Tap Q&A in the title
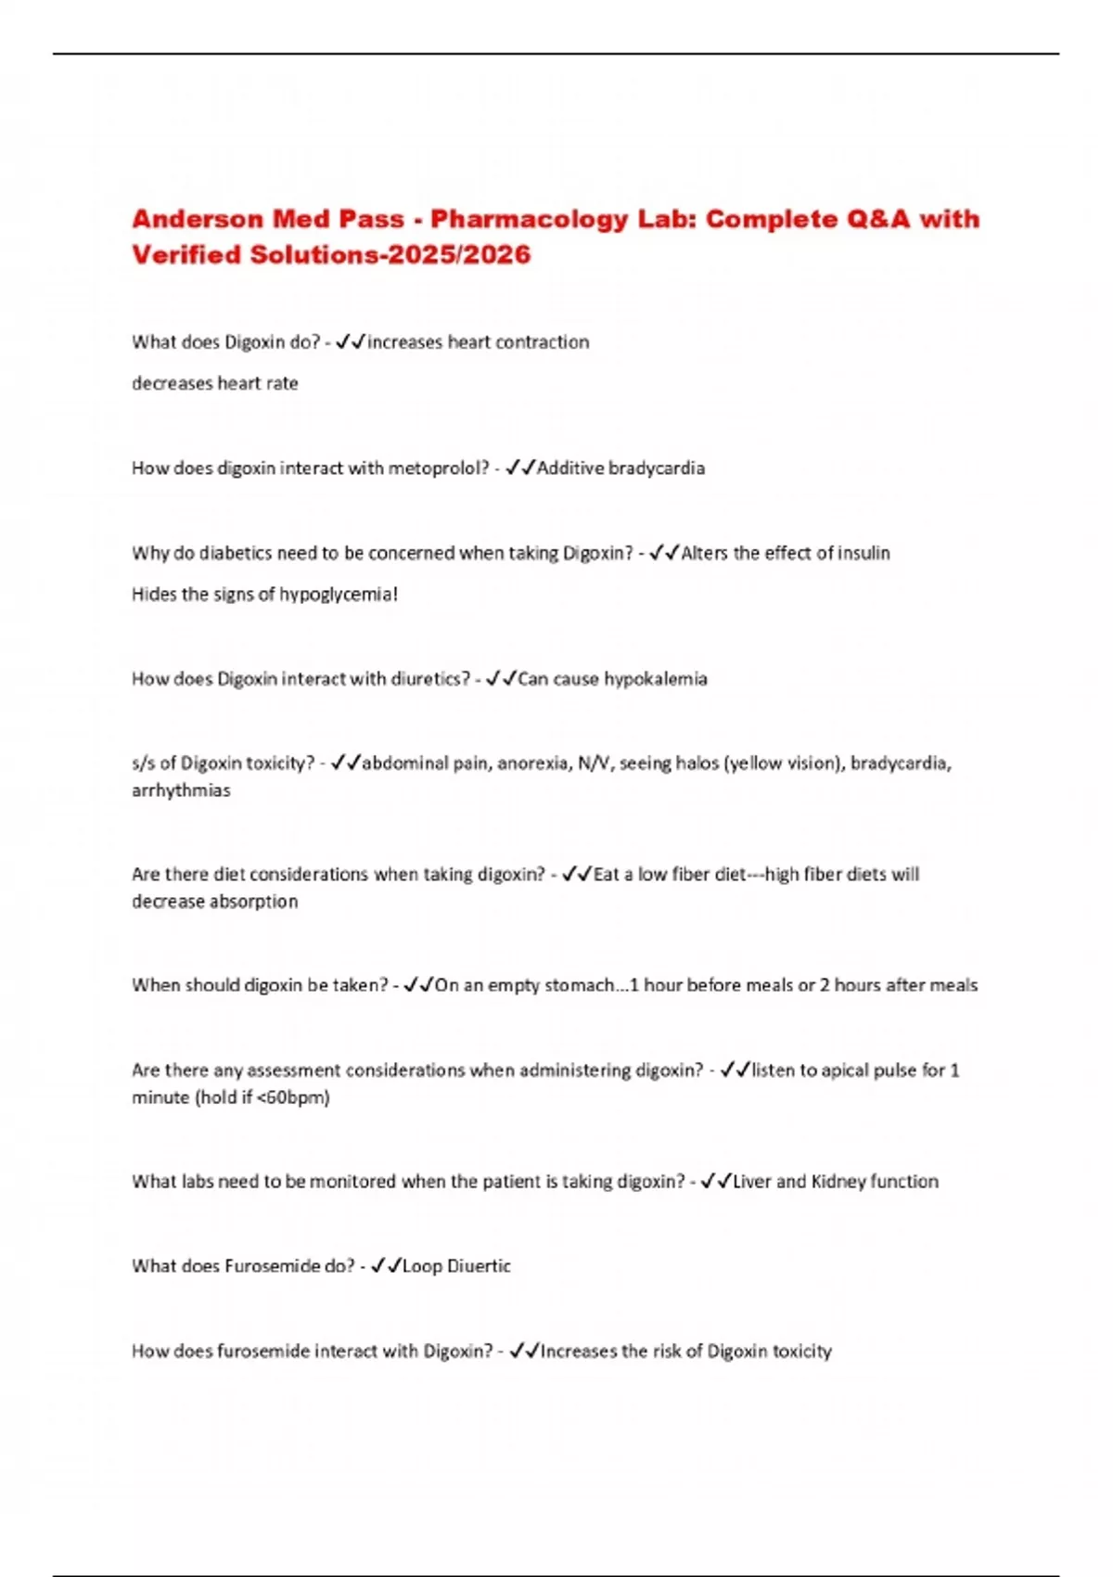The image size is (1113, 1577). pos(875,220)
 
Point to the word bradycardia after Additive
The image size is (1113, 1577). pos(656,468)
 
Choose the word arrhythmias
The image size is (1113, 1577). pos(181,791)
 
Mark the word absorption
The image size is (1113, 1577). pos(254,902)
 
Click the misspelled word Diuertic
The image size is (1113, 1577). pos(479,1266)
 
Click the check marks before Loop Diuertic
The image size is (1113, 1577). pos(385,1266)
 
